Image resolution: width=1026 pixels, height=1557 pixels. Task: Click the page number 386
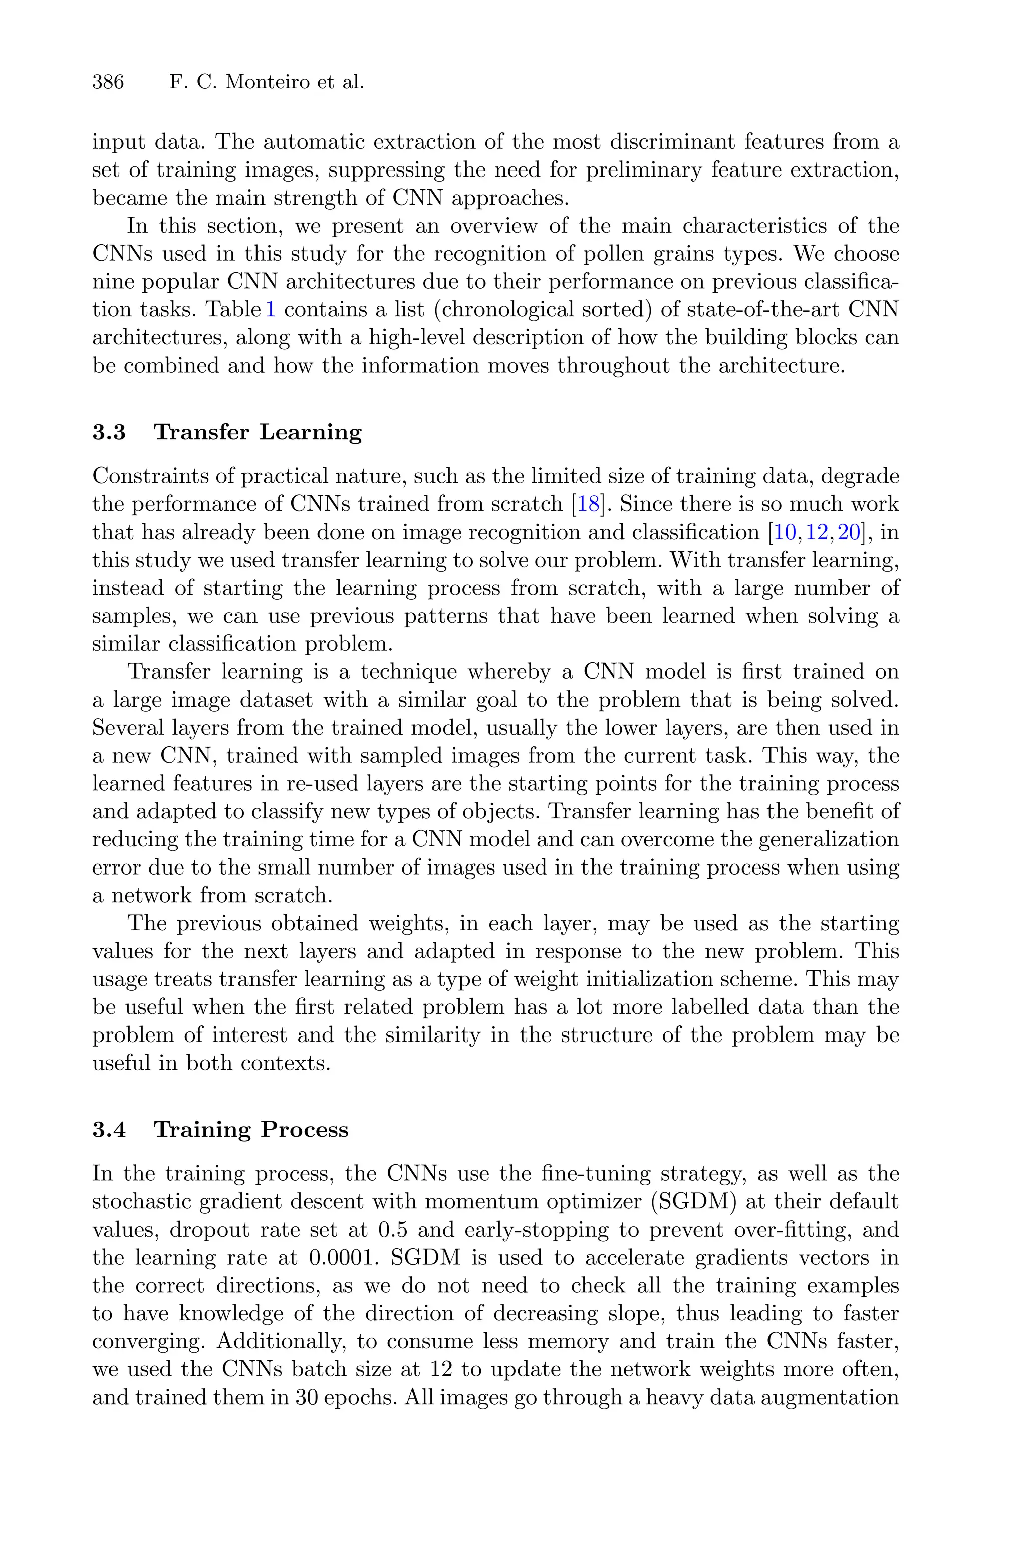[x=108, y=82]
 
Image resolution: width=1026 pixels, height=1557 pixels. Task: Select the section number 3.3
[x=109, y=432]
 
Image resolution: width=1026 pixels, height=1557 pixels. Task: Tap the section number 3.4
[x=109, y=1129]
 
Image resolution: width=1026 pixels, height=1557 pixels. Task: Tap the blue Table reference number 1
[x=270, y=309]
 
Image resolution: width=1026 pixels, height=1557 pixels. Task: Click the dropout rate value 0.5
[x=393, y=1230]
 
